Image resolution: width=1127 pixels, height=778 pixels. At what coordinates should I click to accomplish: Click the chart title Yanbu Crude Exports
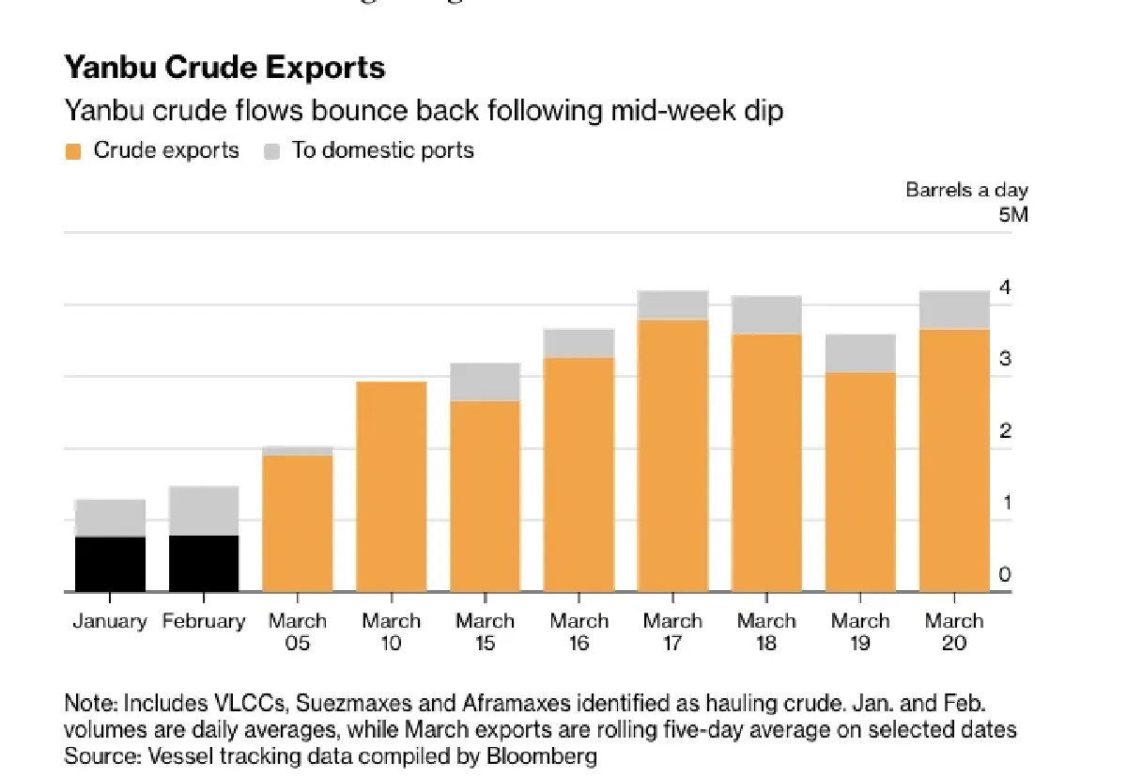[224, 69]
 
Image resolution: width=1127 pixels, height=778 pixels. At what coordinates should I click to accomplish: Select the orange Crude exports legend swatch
[73, 150]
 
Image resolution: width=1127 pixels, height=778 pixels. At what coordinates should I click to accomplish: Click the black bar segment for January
[110, 564]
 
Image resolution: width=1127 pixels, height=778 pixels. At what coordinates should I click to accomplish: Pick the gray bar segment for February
[204, 510]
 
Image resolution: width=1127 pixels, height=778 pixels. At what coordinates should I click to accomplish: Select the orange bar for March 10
[392, 486]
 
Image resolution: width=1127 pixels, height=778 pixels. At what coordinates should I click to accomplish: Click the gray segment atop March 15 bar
[486, 381]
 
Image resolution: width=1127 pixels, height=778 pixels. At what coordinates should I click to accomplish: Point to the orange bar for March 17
[673, 456]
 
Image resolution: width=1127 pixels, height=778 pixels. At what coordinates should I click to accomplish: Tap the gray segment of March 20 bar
[954, 309]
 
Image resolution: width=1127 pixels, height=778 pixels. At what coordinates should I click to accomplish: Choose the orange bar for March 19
[860, 482]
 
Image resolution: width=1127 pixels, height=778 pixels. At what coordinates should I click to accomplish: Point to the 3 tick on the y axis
[1005, 359]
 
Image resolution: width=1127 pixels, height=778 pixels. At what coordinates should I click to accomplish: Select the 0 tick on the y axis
[1005, 575]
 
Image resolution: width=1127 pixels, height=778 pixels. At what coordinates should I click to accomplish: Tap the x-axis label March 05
[298, 632]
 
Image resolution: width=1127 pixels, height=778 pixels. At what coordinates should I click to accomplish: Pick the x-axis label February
[204, 622]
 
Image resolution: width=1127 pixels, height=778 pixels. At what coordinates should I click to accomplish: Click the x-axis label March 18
[766, 632]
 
